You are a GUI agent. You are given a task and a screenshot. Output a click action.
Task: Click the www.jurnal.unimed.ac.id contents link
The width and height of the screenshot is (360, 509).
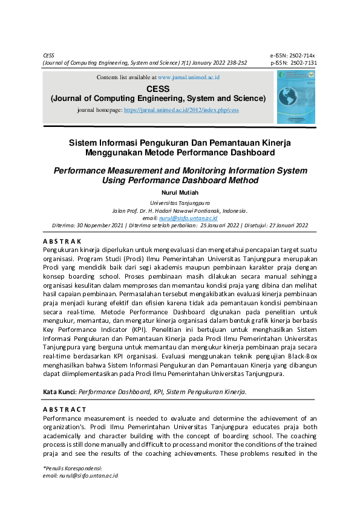pyautogui.click(x=188, y=77)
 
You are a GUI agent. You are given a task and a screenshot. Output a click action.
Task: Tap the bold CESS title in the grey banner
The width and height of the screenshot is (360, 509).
pyautogui.click(x=157, y=88)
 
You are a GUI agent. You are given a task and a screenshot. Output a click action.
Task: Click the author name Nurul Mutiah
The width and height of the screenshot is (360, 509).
pyautogui.click(x=180, y=193)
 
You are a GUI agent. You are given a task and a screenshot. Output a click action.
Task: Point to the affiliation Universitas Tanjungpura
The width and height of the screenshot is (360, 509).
pyautogui.click(x=180, y=204)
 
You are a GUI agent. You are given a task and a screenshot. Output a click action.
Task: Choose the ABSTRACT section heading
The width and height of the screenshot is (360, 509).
pyautogui.click(x=64, y=409)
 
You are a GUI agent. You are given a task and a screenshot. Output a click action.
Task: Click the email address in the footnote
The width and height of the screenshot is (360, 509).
pyautogui.click(x=88, y=476)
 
